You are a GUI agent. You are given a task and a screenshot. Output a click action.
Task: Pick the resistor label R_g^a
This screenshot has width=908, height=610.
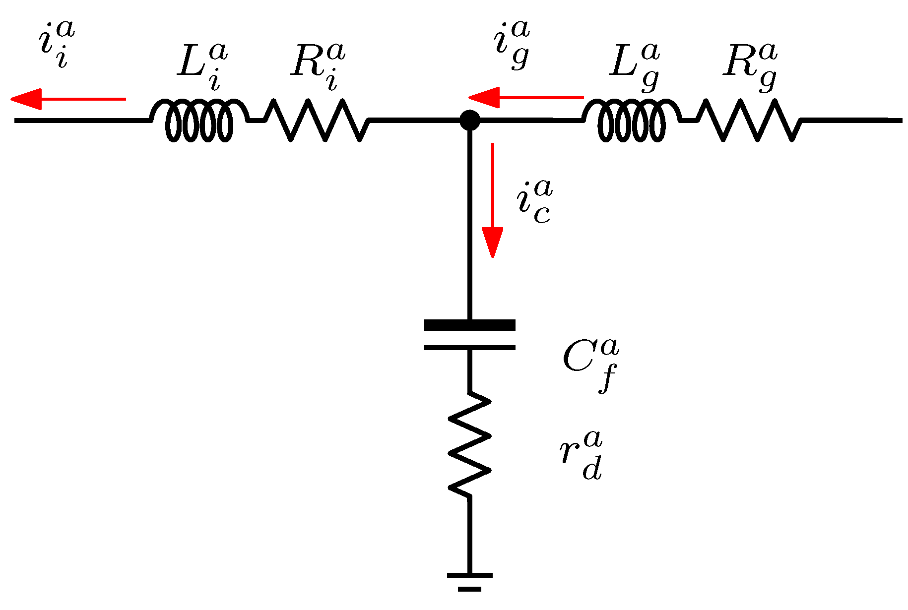[x=750, y=66]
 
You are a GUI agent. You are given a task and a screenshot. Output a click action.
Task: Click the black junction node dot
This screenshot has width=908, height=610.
[x=469, y=120]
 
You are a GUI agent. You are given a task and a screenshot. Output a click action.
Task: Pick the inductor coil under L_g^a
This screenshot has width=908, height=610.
[x=632, y=121]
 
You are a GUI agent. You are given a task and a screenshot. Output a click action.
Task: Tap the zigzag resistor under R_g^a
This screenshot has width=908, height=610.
[x=749, y=120]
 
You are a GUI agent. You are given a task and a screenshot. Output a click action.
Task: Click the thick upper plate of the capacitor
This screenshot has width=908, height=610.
[x=469, y=325]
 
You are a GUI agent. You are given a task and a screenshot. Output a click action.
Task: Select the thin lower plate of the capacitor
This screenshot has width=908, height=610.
[x=469, y=348]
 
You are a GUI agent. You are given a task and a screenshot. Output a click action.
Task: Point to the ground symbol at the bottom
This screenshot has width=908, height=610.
[x=469, y=580]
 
